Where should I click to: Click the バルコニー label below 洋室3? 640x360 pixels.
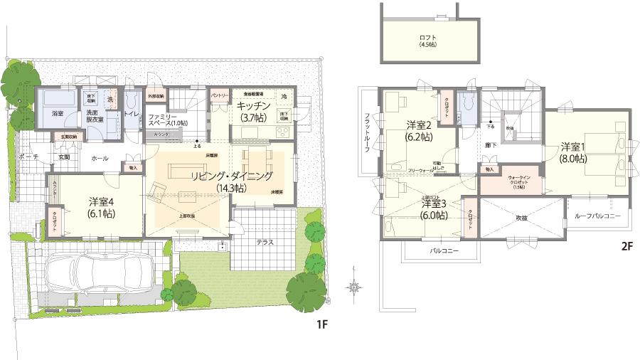click(x=444, y=251)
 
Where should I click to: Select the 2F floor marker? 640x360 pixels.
click(x=626, y=247)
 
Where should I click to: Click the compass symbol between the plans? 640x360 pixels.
click(x=353, y=287)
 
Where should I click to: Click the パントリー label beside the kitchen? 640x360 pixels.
click(x=218, y=95)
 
